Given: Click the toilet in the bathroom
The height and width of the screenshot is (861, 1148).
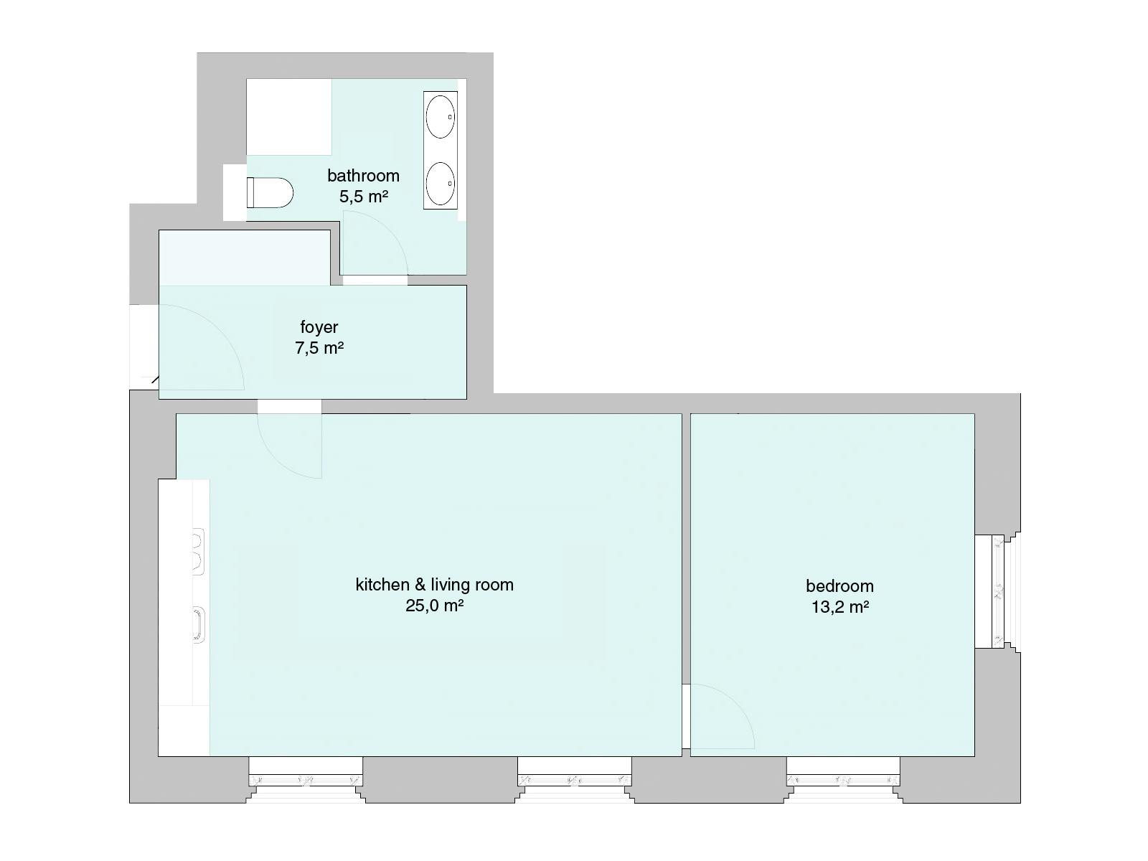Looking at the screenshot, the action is coord(269,192).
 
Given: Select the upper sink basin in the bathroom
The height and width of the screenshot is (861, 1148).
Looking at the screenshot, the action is coord(441,116).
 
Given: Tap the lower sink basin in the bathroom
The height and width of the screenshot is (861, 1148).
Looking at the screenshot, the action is coord(441,184).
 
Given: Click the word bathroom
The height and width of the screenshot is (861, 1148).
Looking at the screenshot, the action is coord(364,176).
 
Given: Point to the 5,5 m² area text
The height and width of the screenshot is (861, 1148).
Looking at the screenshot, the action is coord(364,197).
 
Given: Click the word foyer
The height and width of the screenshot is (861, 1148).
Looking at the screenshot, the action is coord(319,327).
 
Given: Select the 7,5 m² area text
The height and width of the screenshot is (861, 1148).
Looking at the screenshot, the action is coord(319,348).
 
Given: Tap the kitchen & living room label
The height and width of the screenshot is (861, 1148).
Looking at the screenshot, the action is coord(435,585).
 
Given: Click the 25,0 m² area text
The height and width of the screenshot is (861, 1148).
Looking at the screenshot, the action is coord(435,606).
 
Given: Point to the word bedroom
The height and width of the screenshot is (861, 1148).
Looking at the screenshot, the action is coord(840,586).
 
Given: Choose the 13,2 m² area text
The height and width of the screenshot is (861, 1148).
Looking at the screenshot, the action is coord(840,607).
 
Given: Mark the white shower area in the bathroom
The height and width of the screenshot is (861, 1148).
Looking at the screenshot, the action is coord(288,116).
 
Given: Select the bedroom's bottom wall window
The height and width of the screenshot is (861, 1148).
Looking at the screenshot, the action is coord(843,779).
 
